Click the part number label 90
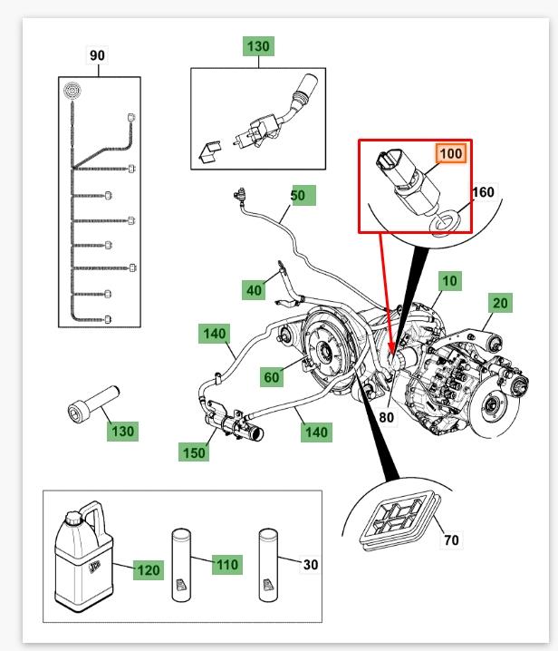coord(97,55)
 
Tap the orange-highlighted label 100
coord(451,153)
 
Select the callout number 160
coord(484,191)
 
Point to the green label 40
coord(255,290)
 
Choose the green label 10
coord(450,281)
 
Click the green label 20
coord(501,303)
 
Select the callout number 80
coord(387,418)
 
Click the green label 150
coord(195,451)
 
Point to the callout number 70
coord(451,540)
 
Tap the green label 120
coord(148,570)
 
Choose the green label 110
coord(226,565)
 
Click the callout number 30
coord(310,564)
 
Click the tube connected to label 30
coord(271,564)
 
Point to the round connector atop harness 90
coord(72,90)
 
